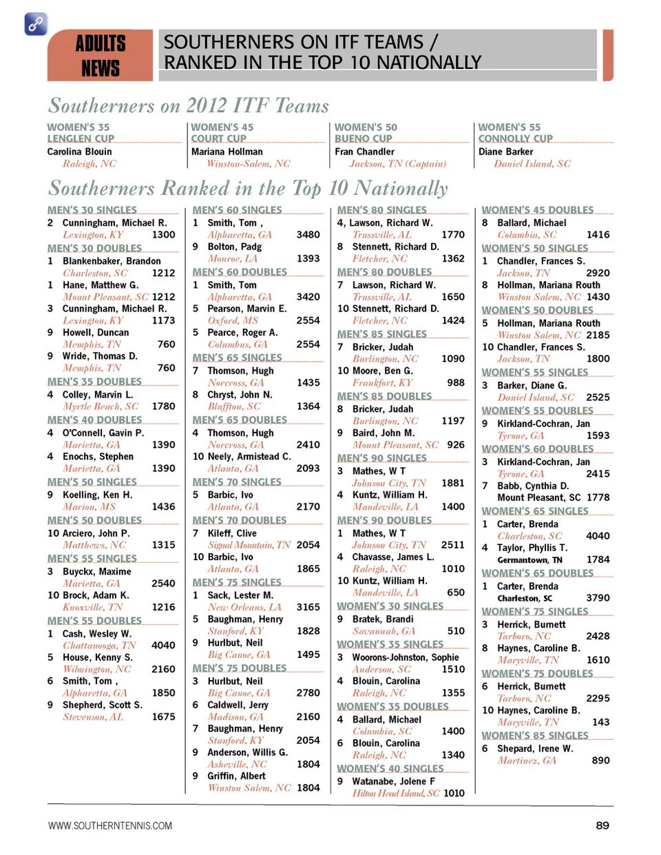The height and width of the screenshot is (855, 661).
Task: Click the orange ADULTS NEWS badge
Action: click(100, 55)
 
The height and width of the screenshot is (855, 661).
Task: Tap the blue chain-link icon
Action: click(36, 24)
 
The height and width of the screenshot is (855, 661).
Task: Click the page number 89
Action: click(602, 825)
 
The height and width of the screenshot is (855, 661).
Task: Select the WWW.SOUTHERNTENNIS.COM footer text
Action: click(110, 825)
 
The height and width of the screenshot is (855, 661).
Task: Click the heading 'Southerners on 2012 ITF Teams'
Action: click(189, 105)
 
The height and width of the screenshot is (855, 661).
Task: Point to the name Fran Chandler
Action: click(364, 152)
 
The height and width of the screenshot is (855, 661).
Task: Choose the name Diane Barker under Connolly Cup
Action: click(505, 152)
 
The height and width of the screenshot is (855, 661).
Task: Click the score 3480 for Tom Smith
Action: click(308, 235)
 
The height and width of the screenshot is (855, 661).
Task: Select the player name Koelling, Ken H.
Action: click(97, 495)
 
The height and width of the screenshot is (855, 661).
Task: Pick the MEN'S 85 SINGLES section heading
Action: click(381, 334)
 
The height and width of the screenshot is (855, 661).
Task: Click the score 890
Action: click(600, 760)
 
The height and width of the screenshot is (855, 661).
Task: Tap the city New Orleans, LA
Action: click(244, 607)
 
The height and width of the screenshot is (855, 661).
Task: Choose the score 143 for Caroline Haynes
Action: click(600, 722)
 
